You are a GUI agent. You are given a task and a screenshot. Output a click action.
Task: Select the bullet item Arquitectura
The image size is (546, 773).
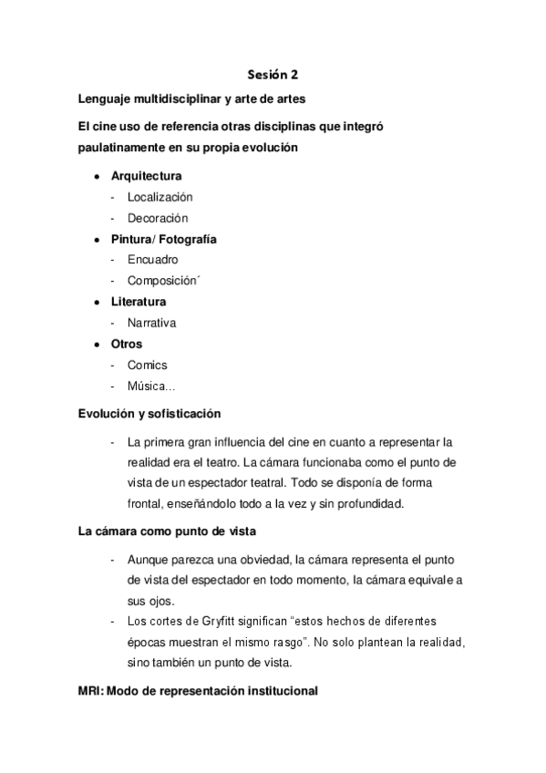(146, 176)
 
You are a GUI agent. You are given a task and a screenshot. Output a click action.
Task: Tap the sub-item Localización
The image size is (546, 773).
(160, 197)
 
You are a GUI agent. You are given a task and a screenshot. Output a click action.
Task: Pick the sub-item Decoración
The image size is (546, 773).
(158, 219)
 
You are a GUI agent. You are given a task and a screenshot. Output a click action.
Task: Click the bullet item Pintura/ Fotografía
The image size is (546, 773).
(163, 240)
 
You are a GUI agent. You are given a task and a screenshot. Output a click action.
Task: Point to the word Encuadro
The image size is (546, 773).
(152, 260)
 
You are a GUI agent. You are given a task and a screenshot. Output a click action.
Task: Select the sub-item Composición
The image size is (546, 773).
(162, 281)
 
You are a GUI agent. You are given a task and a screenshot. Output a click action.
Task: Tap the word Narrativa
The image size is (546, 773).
(151, 323)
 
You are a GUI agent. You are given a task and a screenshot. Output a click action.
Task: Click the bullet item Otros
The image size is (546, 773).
(127, 344)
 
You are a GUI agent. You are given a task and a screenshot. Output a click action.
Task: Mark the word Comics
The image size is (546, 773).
(148, 366)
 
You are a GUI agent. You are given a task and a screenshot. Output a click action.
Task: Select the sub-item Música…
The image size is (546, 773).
(151, 387)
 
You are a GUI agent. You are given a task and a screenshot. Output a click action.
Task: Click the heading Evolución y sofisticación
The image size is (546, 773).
(149, 413)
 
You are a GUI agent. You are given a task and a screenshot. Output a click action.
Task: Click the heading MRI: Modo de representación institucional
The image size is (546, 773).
(199, 691)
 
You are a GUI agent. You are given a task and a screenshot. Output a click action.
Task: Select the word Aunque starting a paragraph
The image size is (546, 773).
(149, 559)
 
